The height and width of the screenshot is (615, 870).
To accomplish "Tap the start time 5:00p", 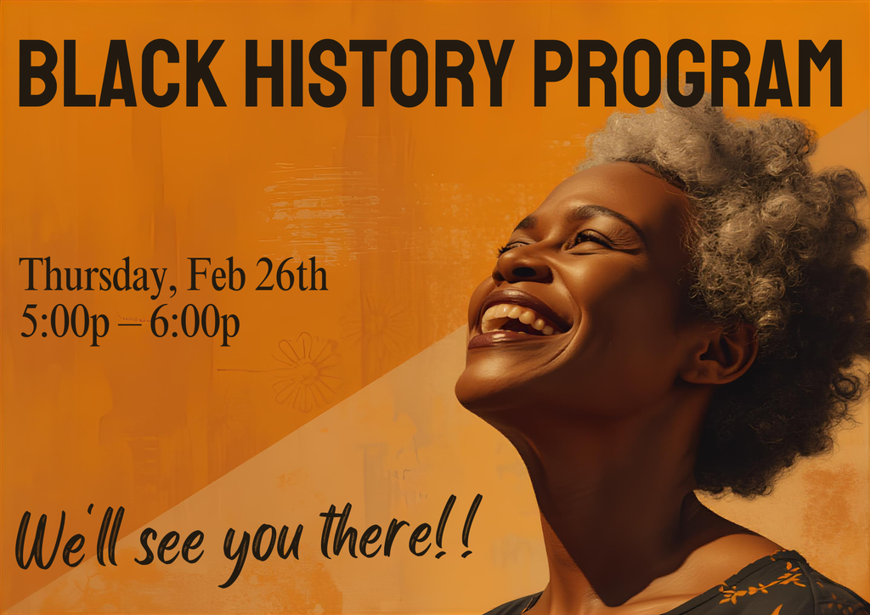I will (x=65, y=324).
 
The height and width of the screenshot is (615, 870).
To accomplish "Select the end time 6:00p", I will (x=195, y=324).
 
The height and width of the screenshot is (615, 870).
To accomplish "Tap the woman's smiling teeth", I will (x=515, y=319).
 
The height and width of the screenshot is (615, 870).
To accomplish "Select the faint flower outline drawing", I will (x=304, y=371).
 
